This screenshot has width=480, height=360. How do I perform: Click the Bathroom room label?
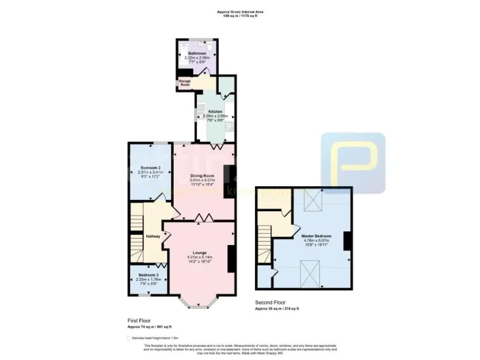tap(197, 54)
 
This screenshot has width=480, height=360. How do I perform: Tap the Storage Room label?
tap(186, 82)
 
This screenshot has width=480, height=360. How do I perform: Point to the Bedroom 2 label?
tap(151, 168)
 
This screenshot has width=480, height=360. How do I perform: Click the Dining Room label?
tap(205, 176)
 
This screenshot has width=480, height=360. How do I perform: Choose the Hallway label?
tap(153, 236)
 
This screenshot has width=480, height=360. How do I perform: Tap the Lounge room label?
tap(200, 252)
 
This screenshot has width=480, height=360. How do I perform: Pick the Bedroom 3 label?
tap(149, 275)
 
